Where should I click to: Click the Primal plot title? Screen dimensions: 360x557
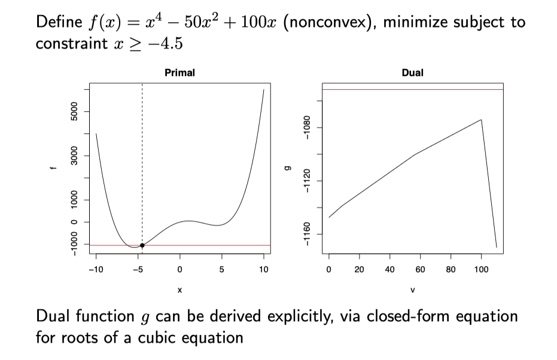pyautogui.click(x=179, y=73)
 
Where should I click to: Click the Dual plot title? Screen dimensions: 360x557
pyautogui.click(x=413, y=73)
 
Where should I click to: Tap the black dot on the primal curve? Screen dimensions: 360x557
pyautogui.click(x=142, y=245)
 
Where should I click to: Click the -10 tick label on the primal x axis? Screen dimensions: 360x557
pyautogui.click(x=95, y=270)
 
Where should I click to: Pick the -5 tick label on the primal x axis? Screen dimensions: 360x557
pyautogui.click(x=137, y=270)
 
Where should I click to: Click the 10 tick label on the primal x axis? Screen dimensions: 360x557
pyautogui.click(x=264, y=270)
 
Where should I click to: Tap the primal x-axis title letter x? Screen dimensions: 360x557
pyautogui.click(x=179, y=290)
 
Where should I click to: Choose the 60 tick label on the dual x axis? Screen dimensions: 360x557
pyautogui.click(x=420, y=270)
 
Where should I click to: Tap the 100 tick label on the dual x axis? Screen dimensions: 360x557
pyautogui.click(x=481, y=270)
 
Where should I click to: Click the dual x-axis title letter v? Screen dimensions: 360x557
pyautogui.click(x=413, y=290)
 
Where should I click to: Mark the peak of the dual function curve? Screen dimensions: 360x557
pyautogui.click(x=481, y=120)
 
